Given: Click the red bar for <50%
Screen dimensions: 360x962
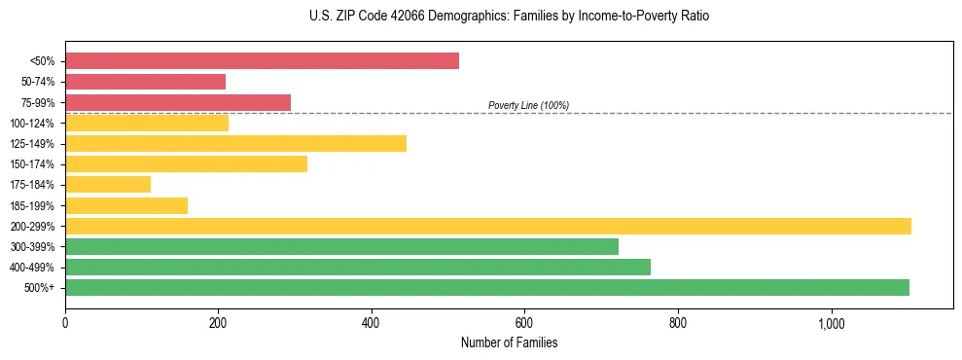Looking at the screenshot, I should (262, 61).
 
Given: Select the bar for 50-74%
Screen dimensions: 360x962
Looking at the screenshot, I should (145, 82).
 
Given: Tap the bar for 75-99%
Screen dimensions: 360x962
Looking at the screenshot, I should (178, 102).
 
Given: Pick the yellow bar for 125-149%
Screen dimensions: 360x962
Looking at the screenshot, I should (235, 144).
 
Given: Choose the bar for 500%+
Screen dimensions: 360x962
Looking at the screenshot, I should (487, 288).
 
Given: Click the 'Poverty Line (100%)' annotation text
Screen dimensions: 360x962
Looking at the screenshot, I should (528, 105).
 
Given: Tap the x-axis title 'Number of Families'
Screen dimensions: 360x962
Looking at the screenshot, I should (509, 343).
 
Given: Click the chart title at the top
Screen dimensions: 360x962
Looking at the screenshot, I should (481, 17).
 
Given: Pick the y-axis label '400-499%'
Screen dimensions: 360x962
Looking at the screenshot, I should (34, 268).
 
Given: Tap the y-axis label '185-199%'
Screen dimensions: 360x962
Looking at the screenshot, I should (34, 205).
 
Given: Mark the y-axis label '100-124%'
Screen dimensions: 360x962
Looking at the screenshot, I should (34, 124).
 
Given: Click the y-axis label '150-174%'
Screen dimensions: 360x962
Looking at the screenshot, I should (34, 164).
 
